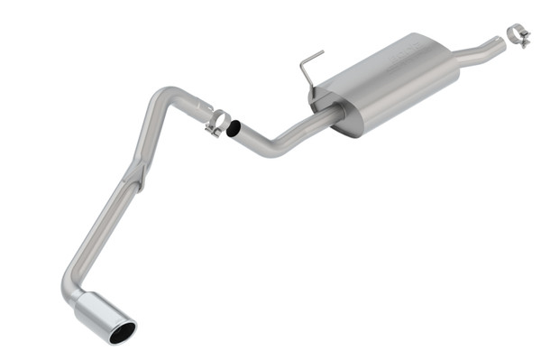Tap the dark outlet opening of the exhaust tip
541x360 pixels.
click(122, 332)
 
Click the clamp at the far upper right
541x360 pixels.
click(517, 35)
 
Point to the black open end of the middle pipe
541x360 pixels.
click(233, 129)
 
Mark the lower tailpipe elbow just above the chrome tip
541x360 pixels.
click(72, 275)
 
